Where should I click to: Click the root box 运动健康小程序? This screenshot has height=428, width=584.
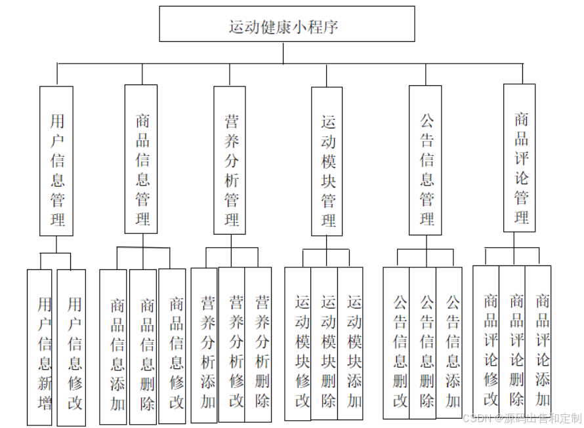(x=287, y=24)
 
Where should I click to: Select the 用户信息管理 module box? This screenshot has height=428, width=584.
(x=56, y=161)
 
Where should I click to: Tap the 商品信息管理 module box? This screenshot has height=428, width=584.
(x=141, y=159)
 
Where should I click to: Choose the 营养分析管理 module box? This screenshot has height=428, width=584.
(x=230, y=161)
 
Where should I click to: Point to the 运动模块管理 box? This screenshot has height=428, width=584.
(x=327, y=161)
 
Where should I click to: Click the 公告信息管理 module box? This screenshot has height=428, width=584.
(x=425, y=161)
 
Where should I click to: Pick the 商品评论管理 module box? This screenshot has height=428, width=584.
(x=519, y=158)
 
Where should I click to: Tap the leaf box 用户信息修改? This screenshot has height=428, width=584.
(x=72, y=347)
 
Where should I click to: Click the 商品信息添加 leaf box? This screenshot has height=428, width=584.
(x=114, y=346)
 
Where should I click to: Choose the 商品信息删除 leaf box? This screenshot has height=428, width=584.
(x=144, y=346)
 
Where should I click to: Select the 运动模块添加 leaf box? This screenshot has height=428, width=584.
(x=350, y=343)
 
